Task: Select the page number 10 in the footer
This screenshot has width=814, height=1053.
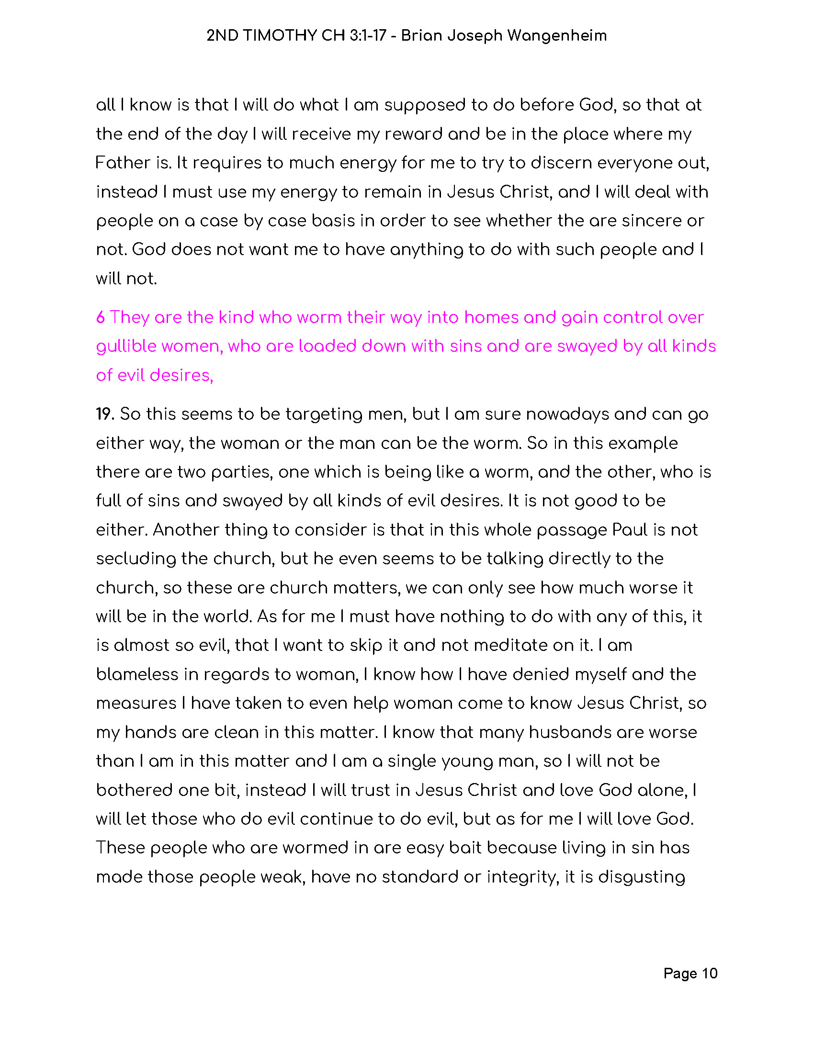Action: tap(709, 973)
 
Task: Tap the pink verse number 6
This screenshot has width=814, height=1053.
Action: tap(100, 317)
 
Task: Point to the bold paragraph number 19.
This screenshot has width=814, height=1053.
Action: tap(104, 414)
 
